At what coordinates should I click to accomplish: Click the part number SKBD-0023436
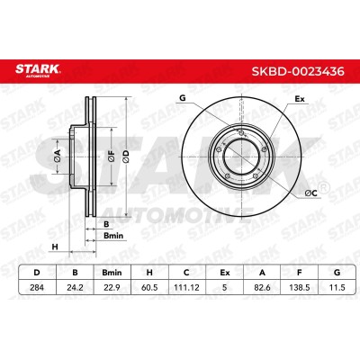(298, 72)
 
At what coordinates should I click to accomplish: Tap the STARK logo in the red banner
(38, 70)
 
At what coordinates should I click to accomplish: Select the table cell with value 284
(37, 287)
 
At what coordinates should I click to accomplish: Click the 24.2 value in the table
(75, 287)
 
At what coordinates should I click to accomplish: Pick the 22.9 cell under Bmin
(112, 287)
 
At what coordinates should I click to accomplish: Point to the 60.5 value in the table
(149, 287)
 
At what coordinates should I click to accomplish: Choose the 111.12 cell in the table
(186, 287)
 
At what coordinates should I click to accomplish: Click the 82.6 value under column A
(262, 287)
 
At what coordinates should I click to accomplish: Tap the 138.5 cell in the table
(299, 287)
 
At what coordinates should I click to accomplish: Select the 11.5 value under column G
(337, 287)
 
